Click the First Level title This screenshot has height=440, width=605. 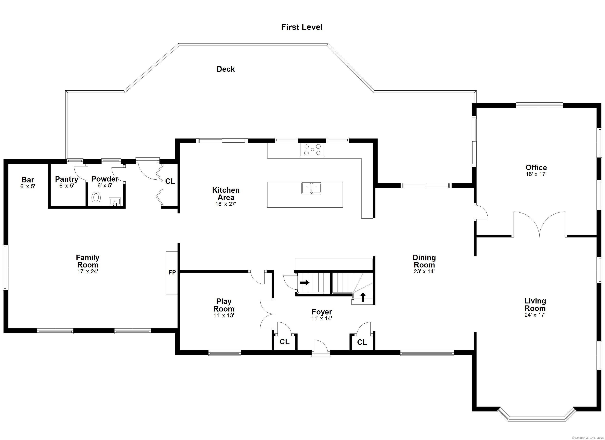[x=302, y=27]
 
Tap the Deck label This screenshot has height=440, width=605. [x=226, y=69]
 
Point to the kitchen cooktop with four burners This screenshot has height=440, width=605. [x=313, y=150]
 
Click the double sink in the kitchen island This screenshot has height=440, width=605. [x=311, y=188]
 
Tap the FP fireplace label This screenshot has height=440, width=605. [x=172, y=272]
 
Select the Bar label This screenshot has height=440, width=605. [x=28, y=180]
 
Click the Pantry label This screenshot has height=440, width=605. [x=66, y=179]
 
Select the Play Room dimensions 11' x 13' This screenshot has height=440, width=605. [x=224, y=315]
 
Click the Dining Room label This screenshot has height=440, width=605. [x=424, y=261]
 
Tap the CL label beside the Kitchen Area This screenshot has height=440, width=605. [x=170, y=181]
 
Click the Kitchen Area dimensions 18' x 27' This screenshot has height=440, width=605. [x=226, y=204]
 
